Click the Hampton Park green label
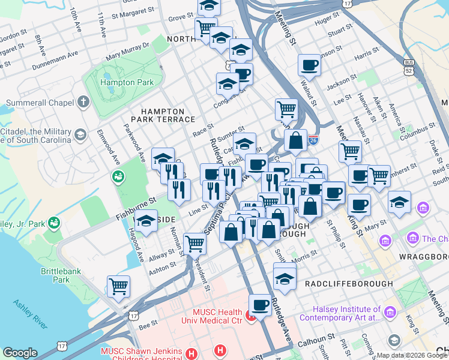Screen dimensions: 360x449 124,82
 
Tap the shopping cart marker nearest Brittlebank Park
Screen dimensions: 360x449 119,286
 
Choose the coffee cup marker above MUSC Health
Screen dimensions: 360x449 260,304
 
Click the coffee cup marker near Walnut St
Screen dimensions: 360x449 310,64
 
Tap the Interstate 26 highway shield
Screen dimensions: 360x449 313,140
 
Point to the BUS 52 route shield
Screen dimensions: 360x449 409,67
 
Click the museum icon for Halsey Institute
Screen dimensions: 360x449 390,312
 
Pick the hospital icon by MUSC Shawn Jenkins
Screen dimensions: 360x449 191,354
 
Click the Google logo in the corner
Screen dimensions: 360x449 20,353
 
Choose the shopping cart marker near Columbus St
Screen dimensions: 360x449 349,150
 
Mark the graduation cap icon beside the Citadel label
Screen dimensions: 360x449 79,134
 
